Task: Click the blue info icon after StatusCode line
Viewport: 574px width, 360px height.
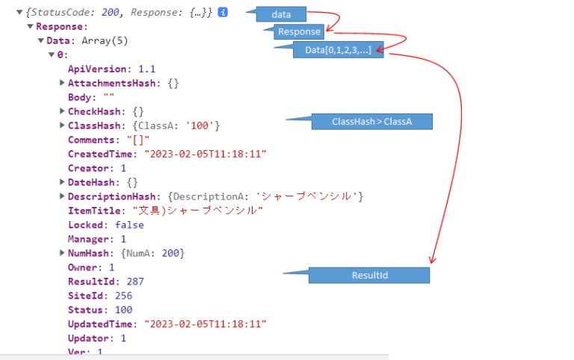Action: (223, 13)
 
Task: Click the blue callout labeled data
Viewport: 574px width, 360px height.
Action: (281, 14)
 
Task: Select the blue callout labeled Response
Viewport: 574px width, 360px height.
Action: (299, 31)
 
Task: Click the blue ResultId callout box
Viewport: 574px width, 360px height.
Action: (369, 276)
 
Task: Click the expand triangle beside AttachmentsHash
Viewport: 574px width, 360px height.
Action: (62, 83)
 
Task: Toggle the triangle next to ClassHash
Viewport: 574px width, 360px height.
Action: (62, 125)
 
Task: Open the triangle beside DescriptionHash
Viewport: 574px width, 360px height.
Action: (62, 196)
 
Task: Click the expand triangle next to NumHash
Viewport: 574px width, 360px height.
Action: (62, 253)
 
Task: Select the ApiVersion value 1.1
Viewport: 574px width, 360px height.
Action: (146, 69)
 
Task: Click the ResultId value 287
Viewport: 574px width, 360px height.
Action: (135, 282)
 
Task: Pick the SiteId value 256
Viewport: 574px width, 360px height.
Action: (123, 296)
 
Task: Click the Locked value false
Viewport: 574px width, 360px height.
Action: (129, 225)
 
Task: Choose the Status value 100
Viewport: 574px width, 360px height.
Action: (123, 310)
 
